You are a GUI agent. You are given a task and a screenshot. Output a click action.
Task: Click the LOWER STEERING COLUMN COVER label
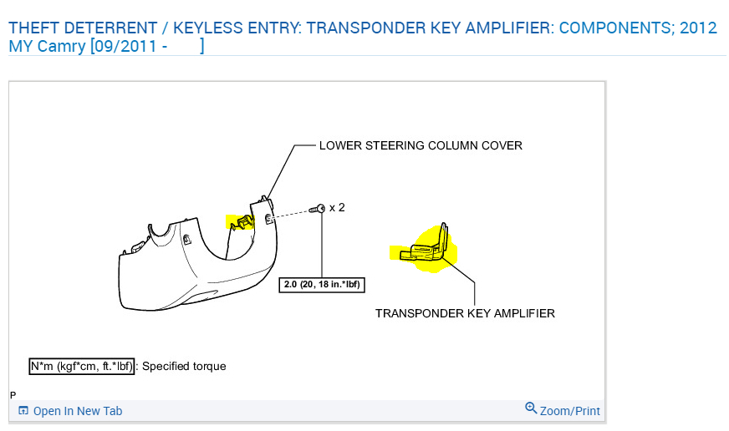pos(421,145)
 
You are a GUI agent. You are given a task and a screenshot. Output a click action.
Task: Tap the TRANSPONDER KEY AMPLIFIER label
pos(465,313)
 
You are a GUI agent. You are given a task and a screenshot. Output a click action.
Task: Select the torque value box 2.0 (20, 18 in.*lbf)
pos(322,284)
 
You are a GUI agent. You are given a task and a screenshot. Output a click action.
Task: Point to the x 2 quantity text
pos(337,207)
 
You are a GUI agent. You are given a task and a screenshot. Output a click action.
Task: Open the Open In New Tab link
pos(78,411)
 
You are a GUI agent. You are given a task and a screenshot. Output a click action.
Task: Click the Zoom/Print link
pos(570,411)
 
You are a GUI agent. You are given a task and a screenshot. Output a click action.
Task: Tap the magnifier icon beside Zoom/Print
pos(531,408)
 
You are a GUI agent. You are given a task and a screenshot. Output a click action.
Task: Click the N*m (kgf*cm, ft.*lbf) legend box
pos(81,366)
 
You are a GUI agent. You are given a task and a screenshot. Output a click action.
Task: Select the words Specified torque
pos(185,366)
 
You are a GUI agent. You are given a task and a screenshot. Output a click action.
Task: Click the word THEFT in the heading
pos(33,28)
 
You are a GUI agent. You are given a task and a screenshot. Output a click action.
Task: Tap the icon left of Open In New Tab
pos(23,411)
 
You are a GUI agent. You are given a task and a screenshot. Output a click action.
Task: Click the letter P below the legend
pos(13,394)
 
